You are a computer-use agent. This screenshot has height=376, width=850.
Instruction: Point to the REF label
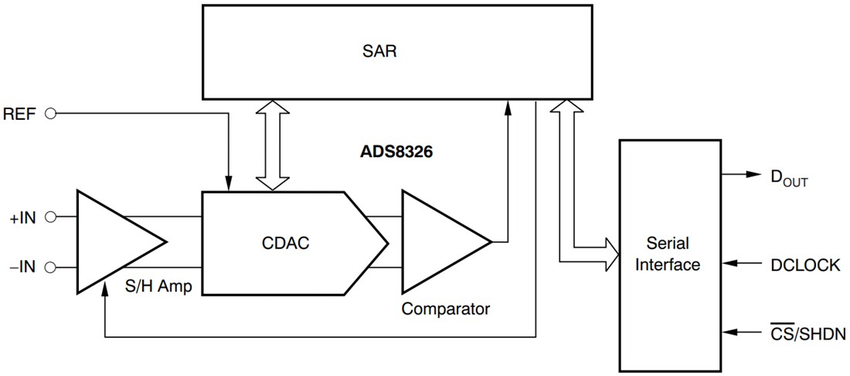(x=20, y=113)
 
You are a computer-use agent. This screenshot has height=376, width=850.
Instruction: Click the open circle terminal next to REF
(x=52, y=113)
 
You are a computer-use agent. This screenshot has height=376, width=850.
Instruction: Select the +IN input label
(x=23, y=217)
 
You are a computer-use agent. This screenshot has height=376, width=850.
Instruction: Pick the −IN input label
(x=23, y=268)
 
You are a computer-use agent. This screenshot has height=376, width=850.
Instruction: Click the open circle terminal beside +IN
(x=52, y=217)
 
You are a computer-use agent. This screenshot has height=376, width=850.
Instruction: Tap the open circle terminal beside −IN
(x=52, y=268)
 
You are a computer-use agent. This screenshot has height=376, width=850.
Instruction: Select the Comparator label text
(x=445, y=309)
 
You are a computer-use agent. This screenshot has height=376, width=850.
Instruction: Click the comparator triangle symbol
(x=437, y=242)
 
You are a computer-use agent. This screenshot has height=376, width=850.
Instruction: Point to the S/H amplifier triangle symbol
(x=112, y=242)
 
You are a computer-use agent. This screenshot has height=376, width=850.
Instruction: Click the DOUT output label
(x=787, y=177)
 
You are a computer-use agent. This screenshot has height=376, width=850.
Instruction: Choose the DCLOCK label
(x=804, y=265)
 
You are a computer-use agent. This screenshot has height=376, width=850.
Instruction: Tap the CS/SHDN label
(x=807, y=333)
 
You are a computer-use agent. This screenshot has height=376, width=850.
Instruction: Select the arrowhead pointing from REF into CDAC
(x=229, y=183)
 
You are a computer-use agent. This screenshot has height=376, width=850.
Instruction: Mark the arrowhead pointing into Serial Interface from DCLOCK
(x=728, y=265)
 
